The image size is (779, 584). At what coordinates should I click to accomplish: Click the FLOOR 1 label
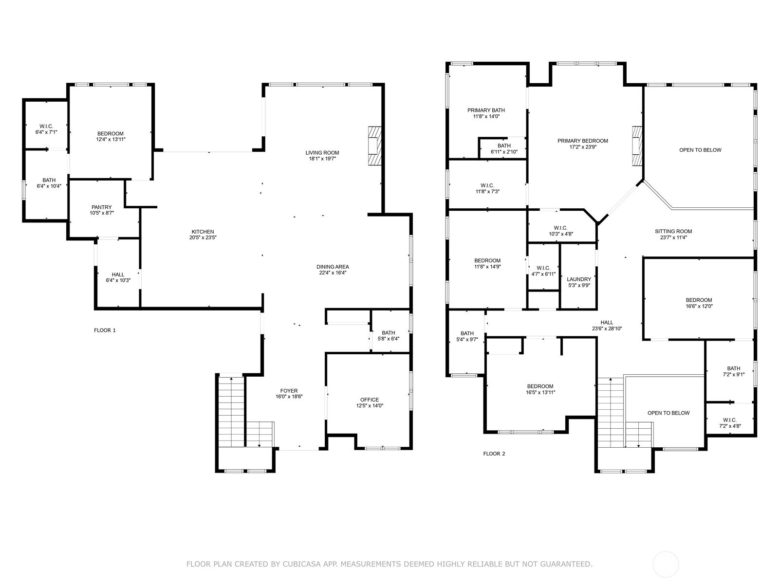(x=105, y=330)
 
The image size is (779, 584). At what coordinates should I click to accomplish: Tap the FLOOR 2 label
(x=494, y=454)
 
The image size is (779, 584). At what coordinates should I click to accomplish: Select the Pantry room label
(x=101, y=207)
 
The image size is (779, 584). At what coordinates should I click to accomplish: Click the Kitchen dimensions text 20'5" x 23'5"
(x=203, y=238)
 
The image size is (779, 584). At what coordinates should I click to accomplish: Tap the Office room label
(x=369, y=400)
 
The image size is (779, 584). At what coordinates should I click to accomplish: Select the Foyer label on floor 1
(x=289, y=391)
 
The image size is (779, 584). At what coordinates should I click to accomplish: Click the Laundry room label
(x=578, y=279)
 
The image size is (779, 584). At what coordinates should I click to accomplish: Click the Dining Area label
(x=333, y=267)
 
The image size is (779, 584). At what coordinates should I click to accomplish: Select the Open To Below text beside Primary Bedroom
(x=700, y=150)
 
